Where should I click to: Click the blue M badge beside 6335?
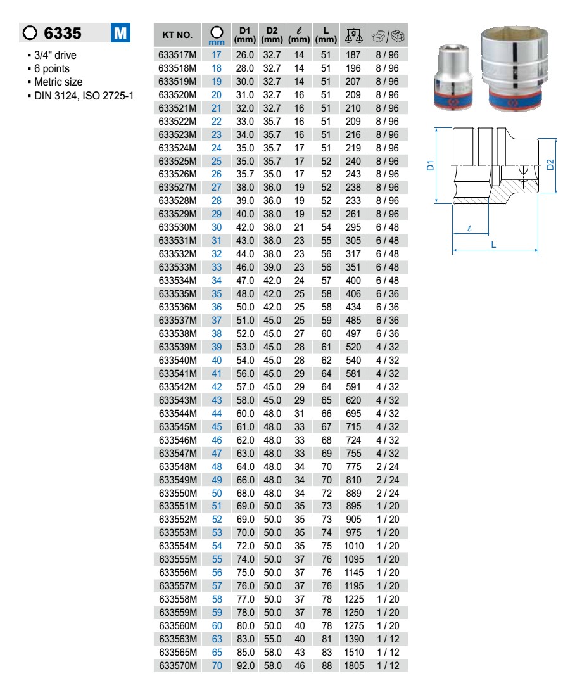point(120,32)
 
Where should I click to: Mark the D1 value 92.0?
point(245,666)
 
